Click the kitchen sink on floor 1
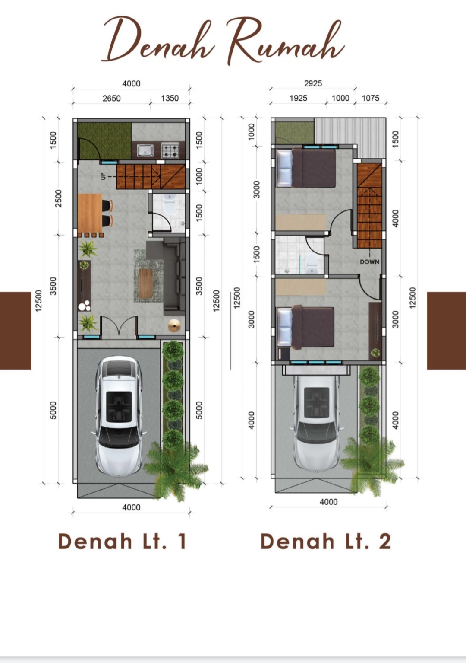(145, 150)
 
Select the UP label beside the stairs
(103, 176)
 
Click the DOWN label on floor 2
(369, 261)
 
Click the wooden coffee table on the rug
(146, 283)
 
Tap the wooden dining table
(90, 213)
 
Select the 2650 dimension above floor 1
(111, 98)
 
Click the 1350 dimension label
(170, 98)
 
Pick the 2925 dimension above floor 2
(313, 83)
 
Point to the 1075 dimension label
(371, 98)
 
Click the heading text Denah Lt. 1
(122, 542)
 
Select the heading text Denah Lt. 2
(326, 542)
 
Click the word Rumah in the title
(285, 41)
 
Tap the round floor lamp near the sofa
(174, 325)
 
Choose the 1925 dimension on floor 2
(298, 98)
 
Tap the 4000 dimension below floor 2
(328, 502)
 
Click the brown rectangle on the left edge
(16, 331)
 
